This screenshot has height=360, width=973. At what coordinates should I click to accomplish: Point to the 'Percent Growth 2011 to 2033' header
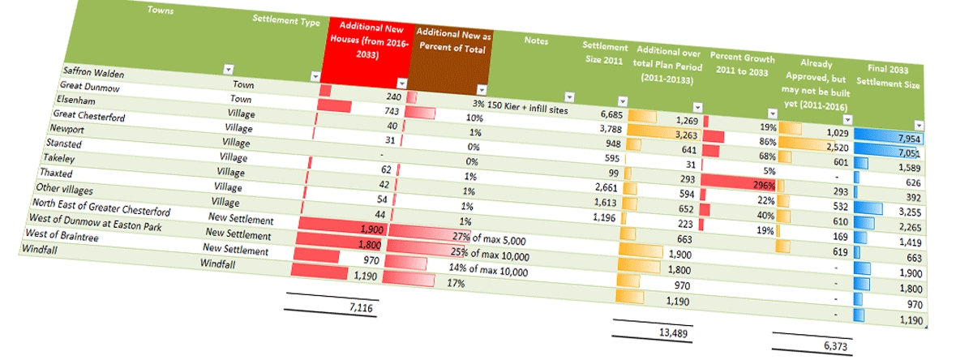click(x=742, y=64)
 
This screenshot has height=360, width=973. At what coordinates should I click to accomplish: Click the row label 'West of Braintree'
click(x=58, y=234)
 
